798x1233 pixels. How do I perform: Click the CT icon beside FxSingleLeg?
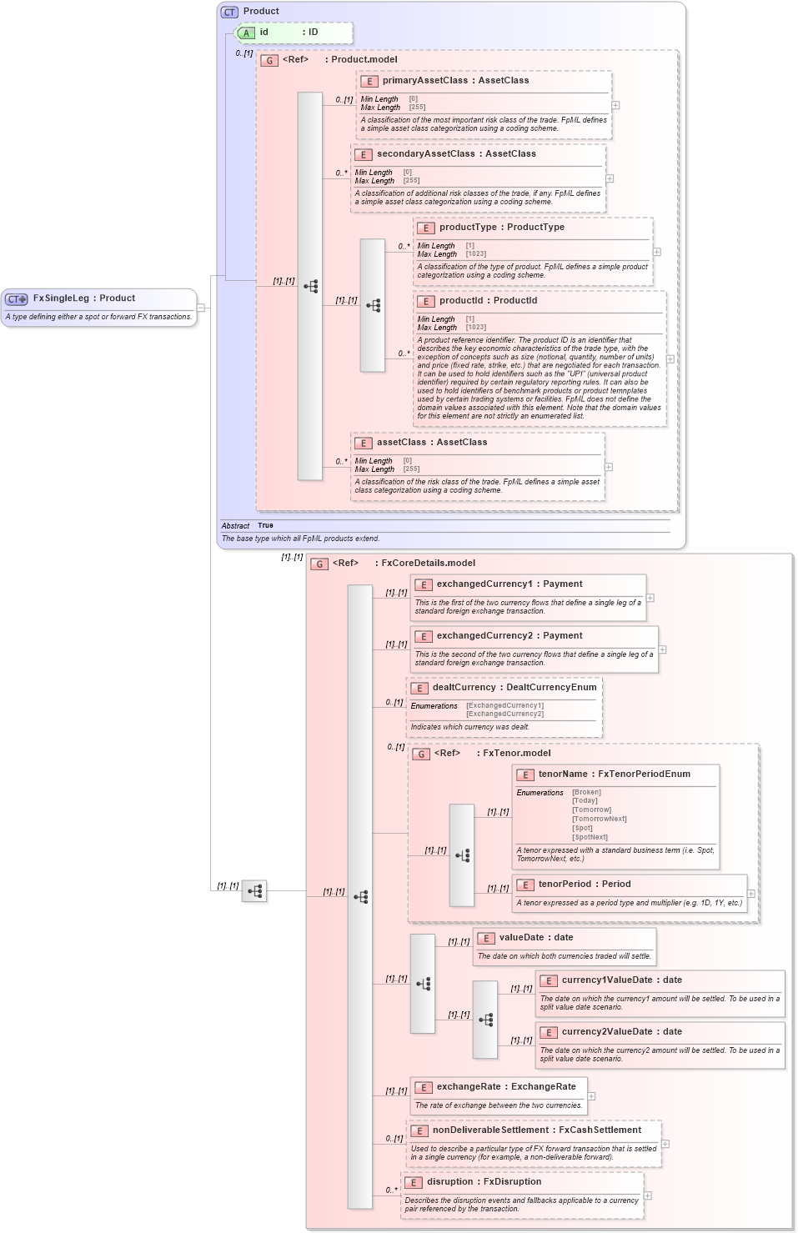pyautogui.click(x=16, y=298)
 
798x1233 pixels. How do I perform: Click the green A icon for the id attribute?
pyautogui.click(x=246, y=33)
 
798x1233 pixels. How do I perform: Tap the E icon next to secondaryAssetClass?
pyautogui.click(x=363, y=154)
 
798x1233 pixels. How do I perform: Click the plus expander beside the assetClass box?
pyautogui.click(x=609, y=467)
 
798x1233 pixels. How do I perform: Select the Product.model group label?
pyautogui.click(x=364, y=60)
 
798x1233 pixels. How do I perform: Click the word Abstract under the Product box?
pyautogui.click(x=235, y=526)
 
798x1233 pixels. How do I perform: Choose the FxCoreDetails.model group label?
pyautogui.click(x=428, y=564)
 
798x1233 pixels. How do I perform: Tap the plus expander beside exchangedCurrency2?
pyautogui.click(x=662, y=649)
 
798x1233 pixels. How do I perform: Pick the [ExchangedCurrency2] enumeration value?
pyautogui.click(x=504, y=714)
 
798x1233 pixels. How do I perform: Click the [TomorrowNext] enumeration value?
pyautogui.click(x=599, y=819)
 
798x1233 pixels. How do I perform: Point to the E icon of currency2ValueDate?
pyautogui.click(x=548, y=1032)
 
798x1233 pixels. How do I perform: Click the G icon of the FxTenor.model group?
pyautogui.click(x=421, y=754)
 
